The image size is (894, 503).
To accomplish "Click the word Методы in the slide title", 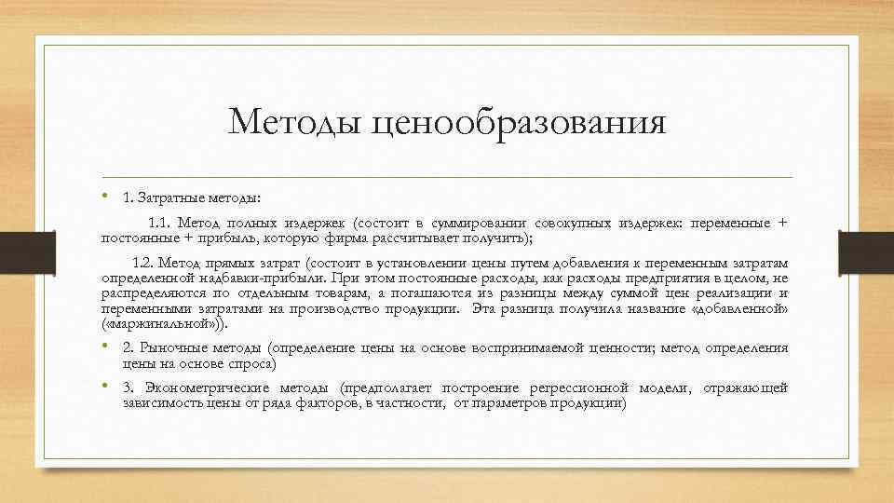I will point(296,122).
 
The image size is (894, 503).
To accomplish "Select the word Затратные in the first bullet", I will point(168,197).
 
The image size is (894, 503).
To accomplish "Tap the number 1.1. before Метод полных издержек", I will point(160,223).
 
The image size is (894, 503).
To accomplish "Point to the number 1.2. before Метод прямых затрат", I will point(147,263).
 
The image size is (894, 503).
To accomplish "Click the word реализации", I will point(726,292).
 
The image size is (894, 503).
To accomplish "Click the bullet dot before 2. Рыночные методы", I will point(105,347).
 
